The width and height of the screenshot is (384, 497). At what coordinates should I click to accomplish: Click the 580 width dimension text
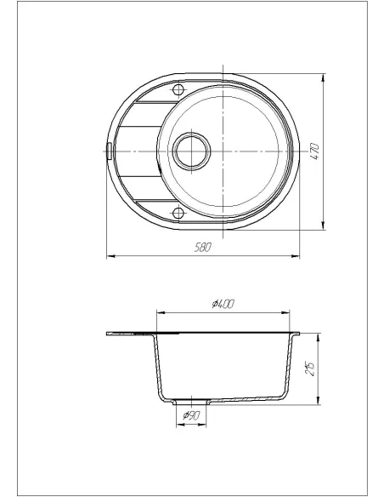pyautogui.click(x=202, y=248)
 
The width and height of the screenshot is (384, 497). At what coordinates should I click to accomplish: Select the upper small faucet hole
pyautogui.click(x=178, y=90)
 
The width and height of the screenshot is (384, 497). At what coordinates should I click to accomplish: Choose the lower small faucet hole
pyautogui.click(x=178, y=214)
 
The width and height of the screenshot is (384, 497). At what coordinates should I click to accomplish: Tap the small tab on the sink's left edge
pyautogui.click(x=109, y=151)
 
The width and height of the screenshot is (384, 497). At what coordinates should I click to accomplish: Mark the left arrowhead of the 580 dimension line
pyautogui.click(x=108, y=255)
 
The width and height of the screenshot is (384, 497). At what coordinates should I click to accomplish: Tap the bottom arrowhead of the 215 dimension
pyautogui.click(x=319, y=403)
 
